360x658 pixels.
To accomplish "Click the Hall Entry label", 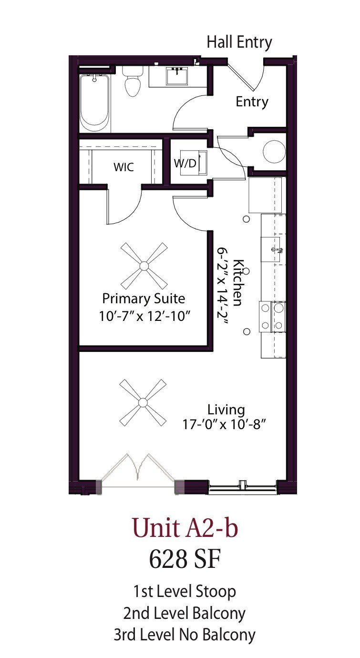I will point(239,42).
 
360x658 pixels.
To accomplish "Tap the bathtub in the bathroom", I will point(94,103).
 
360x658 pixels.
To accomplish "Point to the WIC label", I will point(123,167).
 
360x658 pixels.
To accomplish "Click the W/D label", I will point(185,164).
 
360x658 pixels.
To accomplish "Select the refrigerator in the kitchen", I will point(267,195).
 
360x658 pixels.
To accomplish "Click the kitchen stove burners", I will point(272,317).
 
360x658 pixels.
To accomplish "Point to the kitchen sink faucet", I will point(276,249).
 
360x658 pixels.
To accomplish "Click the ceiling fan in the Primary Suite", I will point(144,266).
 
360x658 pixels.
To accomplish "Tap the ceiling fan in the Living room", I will point(143,402).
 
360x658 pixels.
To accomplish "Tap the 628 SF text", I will point(185,559).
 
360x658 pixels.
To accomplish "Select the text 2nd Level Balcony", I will point(184,613).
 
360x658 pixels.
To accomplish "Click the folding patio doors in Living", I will point(138,470).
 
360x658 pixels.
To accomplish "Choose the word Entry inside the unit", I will point(252,102).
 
